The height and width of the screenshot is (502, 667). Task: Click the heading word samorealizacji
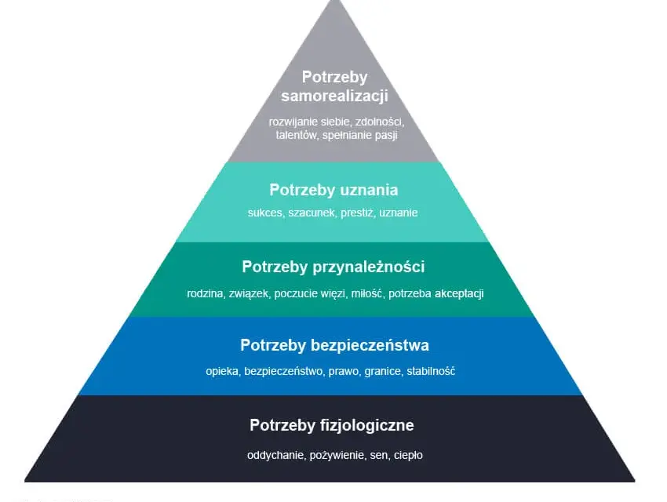pyautogui.click(x=334, y=96)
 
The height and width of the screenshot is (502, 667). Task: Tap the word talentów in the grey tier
pyautogui.click(x=296, y=136)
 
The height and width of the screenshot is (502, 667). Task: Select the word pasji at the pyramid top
pyautogui.click(x=386, y=136)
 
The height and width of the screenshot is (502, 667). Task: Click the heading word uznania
pyautogui.click(x=367, y=190)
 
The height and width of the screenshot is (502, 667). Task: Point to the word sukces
pyautogui.click(x=265, y=213)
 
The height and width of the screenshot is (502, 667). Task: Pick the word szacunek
pyautogui.click(x=312, y=213)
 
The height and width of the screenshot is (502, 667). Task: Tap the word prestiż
pyautogui.click(x=357, y=213)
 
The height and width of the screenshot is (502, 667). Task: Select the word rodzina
pyautogui.click(x=206, y=293)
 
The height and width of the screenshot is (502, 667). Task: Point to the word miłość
pyautogui.click(x=366, y=293)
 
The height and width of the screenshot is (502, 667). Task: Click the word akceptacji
pyautogui.click(x=459, y=293)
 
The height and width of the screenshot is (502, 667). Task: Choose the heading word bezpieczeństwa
pyautogui.click(x=370, y=345)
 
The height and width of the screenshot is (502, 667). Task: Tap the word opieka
pyautogui.click(x=223, y=372)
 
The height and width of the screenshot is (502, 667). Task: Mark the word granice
pyautogui.click(x=382, y=372)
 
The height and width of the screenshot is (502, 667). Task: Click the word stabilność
pyautogui.click(x=431, y=371)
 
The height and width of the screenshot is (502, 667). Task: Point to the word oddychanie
pyautogui.click(x=276, y=455)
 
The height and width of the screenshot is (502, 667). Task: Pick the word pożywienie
pyautogui.click(x=337, y=455)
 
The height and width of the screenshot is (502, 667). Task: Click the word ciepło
pyautogui.click(x=408, y=456)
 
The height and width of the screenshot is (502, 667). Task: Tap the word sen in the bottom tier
pyautogui.click(x=379, y=456)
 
